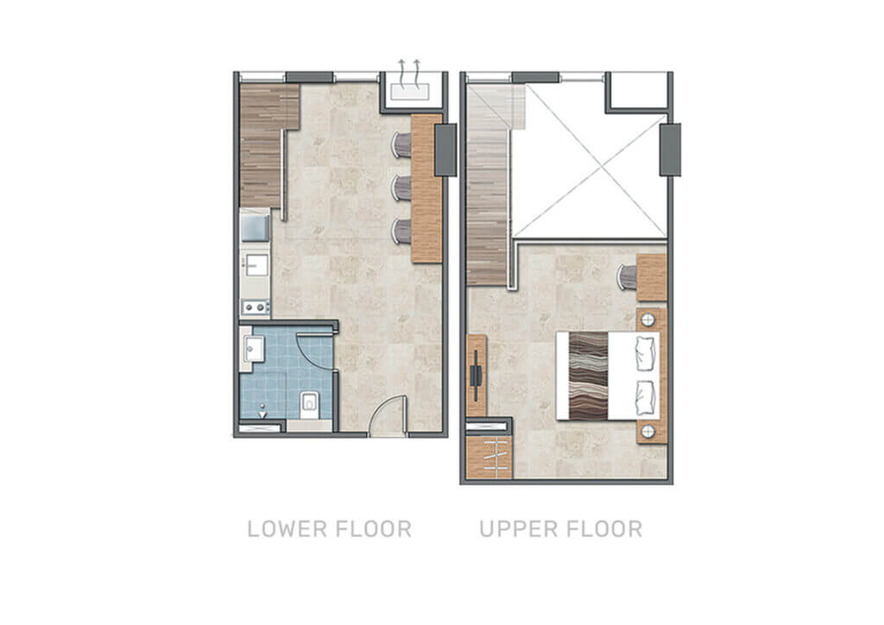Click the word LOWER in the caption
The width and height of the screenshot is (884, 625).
point(287,529)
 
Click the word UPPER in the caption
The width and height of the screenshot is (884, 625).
point(518,529)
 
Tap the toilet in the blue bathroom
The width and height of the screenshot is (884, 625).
point(309,403)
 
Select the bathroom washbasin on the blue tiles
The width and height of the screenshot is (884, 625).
point(253,350)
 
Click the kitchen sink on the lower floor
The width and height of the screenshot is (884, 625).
point(256,265)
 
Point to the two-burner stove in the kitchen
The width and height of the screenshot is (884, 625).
point(255,307)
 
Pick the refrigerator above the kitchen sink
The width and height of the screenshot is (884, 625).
point(256,225)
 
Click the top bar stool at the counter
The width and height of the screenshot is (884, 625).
point(401,145)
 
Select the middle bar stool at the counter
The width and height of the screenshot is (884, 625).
point(401,187)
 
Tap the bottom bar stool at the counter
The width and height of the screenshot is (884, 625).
point(401,231)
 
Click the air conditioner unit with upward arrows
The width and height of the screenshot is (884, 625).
point(410,92)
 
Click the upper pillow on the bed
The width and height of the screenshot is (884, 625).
point(646,353)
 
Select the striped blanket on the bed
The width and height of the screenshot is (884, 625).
point(589,376)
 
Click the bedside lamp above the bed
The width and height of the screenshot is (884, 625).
point(648,320)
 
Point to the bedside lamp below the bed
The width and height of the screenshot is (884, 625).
point(648,432)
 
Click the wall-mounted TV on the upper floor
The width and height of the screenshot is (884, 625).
point(477,376)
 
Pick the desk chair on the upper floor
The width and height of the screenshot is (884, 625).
point(627,277)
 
